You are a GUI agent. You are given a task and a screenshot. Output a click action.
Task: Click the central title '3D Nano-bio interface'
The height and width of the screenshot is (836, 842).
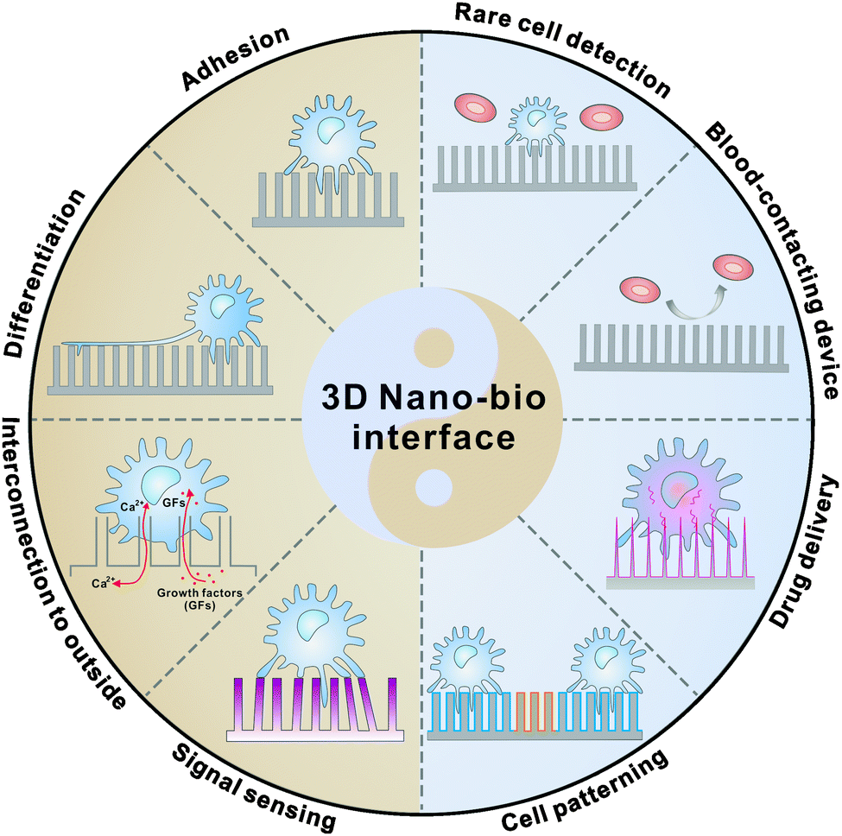421,419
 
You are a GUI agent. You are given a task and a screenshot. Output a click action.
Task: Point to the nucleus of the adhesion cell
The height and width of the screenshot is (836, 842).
333,130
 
